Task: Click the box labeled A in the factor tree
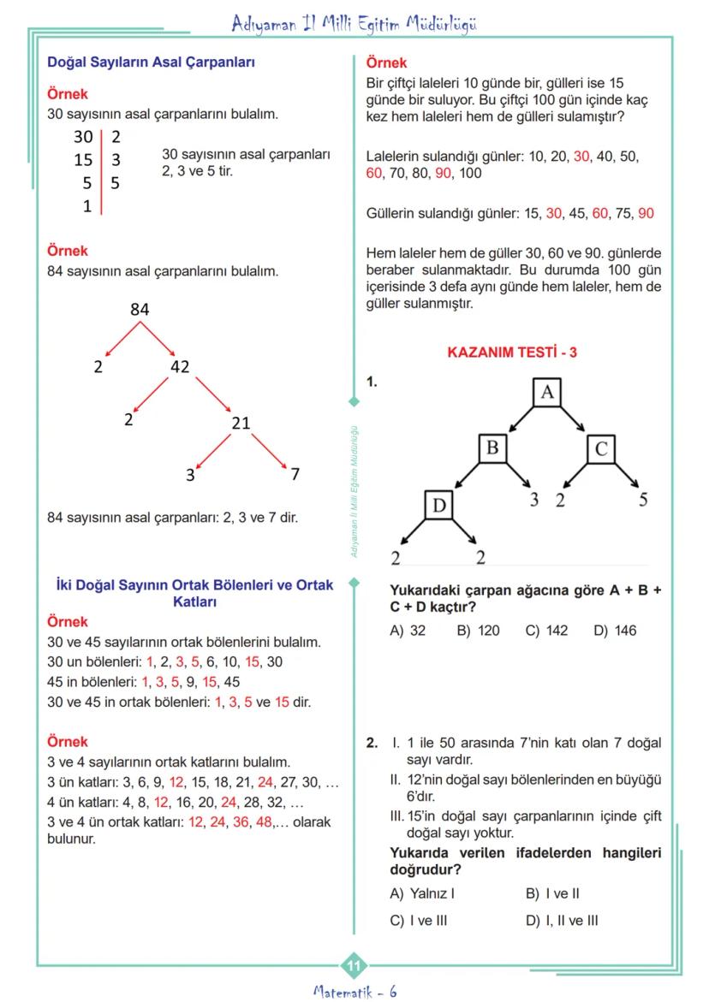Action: tap(547, 392)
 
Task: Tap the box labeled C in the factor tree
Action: tap(601, 448)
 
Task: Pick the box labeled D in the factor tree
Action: tap(438, 506)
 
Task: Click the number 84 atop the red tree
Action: tap(140, 310)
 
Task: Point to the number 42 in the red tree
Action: tap(180, 367)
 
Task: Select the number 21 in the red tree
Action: tap(241, 423)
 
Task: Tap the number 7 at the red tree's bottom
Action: tap(295, 475)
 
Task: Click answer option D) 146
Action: tap(615, 631)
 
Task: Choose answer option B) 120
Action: tap(478, 631)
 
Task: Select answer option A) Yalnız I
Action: tap(421, 893)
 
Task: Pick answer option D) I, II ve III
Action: tap(562, 921)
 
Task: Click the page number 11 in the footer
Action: tap(354, 966)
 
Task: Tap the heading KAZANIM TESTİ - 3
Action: tap(512, 352)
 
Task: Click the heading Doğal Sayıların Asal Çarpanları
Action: tap(151, 62)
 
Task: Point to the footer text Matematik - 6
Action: tap(354, 991)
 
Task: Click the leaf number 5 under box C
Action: tap(643, 501)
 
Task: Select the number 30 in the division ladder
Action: tap(82, 136)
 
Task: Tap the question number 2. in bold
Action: tap(372, 744)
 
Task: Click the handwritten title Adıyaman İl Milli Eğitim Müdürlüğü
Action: tap(354, 24)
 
